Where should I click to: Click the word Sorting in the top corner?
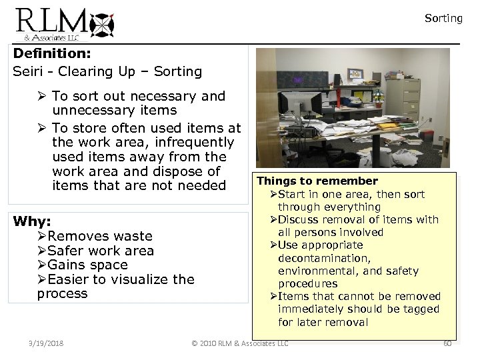click(443, 19)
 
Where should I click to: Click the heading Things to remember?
click(317, 181)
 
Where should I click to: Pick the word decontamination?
click(324, 258)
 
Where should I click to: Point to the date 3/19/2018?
click(46, 343)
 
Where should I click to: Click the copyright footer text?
click(240, 343)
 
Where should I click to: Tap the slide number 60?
click(447, 343)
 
